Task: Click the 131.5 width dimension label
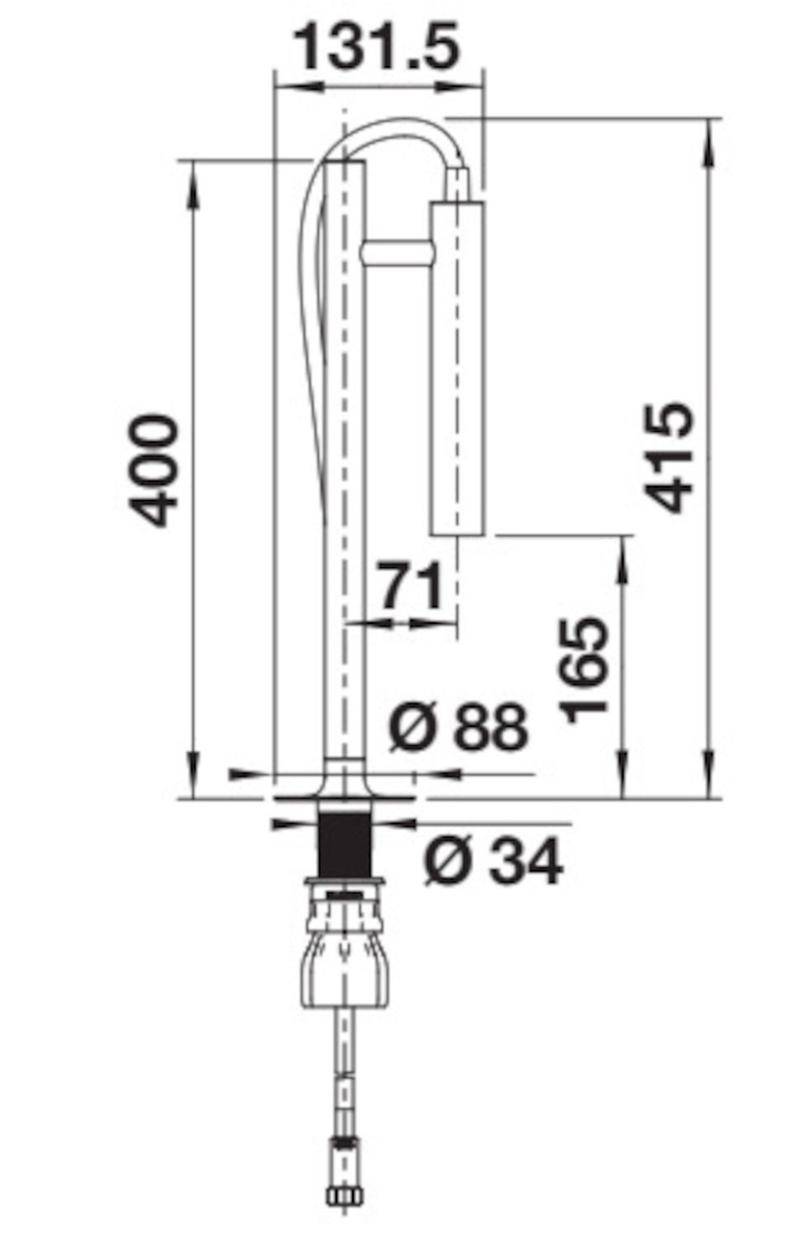[x=376, y=46]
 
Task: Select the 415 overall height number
[x=668, y=457]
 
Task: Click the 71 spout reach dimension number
[x=412, y=585]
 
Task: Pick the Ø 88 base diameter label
[x=458, y=727]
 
